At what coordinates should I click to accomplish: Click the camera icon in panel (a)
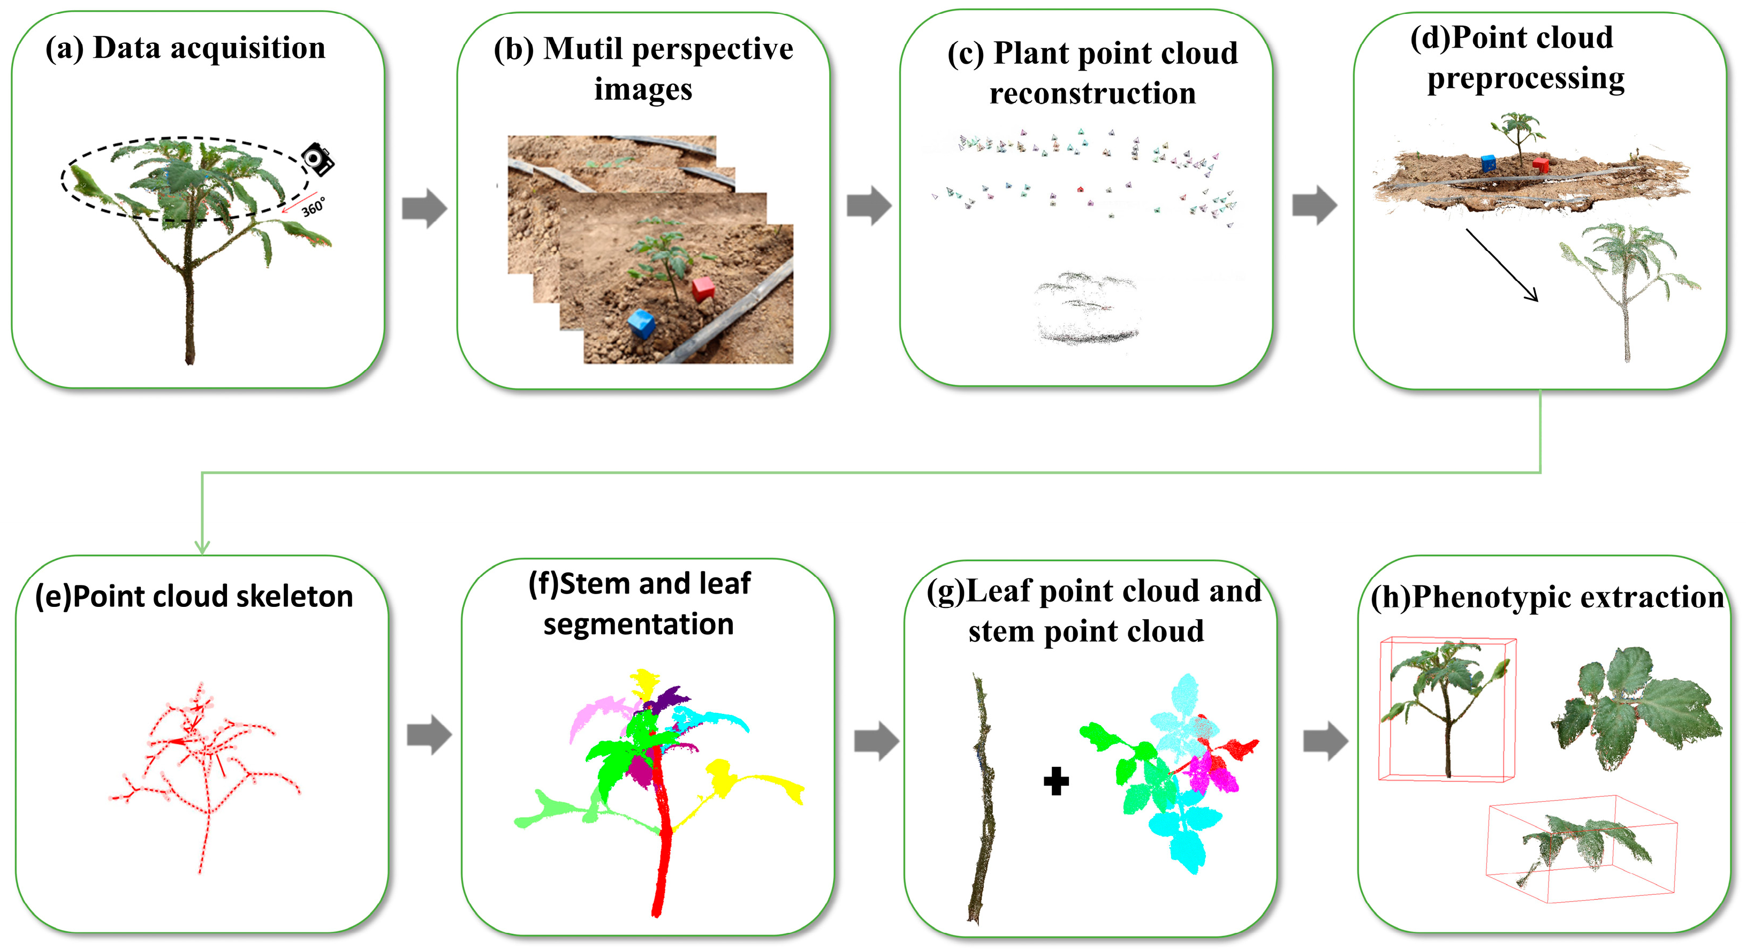(x=318, y=159)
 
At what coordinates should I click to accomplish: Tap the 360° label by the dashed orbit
(x=313, y=206)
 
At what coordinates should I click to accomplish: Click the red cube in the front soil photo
(x=703, y=289)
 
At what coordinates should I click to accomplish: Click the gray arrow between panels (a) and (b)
(x=424, y=208)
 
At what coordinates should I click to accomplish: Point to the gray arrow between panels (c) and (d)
(x=1314, y=205)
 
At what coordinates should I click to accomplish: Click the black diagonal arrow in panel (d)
(x=1501, y=264)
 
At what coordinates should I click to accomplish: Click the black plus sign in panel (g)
(x=1056, y=781)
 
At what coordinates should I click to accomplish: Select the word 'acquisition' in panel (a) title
(x=247, y=48)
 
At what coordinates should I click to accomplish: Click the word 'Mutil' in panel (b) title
(x=583, y=49)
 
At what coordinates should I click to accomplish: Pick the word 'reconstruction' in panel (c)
(x=1092, y=94)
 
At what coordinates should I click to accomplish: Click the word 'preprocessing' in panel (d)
(x=1525, y=79)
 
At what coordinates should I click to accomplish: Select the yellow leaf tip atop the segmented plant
(x=644, y=681)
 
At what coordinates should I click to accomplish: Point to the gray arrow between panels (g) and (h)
(x=1325, y=741)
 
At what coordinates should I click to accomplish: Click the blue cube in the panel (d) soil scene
(x=1488, y=163)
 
